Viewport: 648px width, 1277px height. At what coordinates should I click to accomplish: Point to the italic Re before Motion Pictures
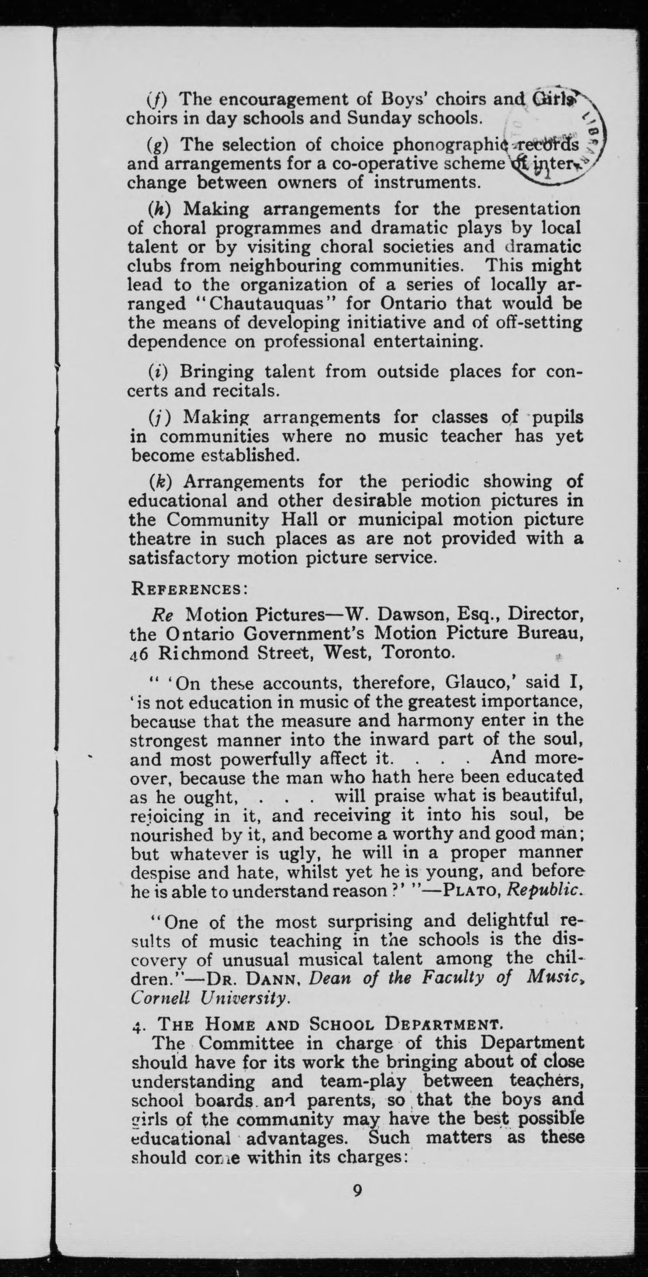[161, 615]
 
